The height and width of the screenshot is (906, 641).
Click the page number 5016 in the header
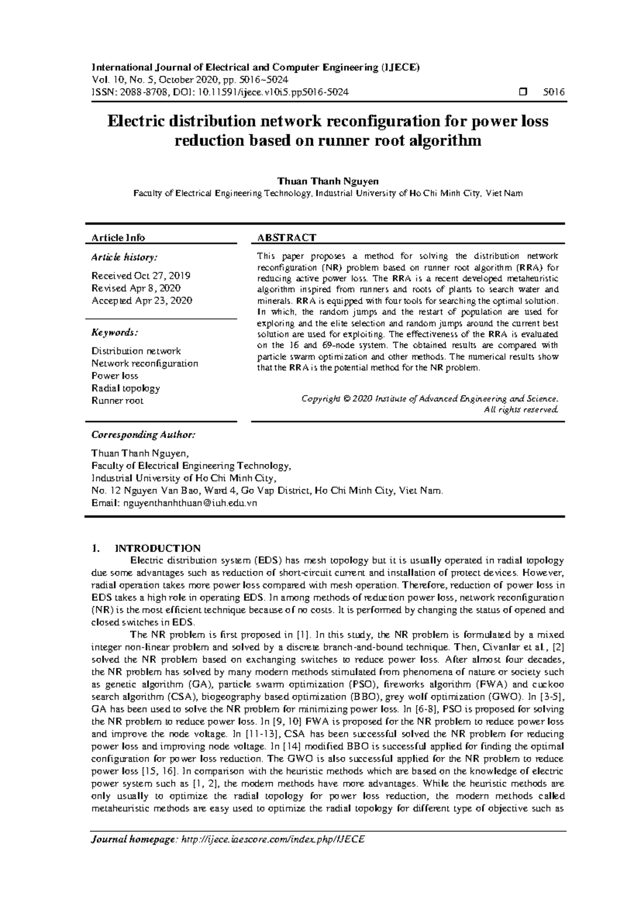click(x=553, y=92)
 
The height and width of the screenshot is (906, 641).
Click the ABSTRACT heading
click(x=286, y=237)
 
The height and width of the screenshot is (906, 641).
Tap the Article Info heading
click(x=118, y=237)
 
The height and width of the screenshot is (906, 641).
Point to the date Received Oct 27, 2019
click(x=140, y=276)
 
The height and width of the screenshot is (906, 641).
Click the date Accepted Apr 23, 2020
click(x=142, y=301)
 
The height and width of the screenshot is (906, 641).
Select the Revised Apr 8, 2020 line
click(x=136, y=288)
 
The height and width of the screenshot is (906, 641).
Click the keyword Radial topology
click(x=126, y=388)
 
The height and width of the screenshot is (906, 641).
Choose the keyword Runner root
click(x=117, y=401)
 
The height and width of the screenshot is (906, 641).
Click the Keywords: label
click(x=114, y=333)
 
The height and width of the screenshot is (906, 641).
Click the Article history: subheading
click(x=124, y=257)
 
